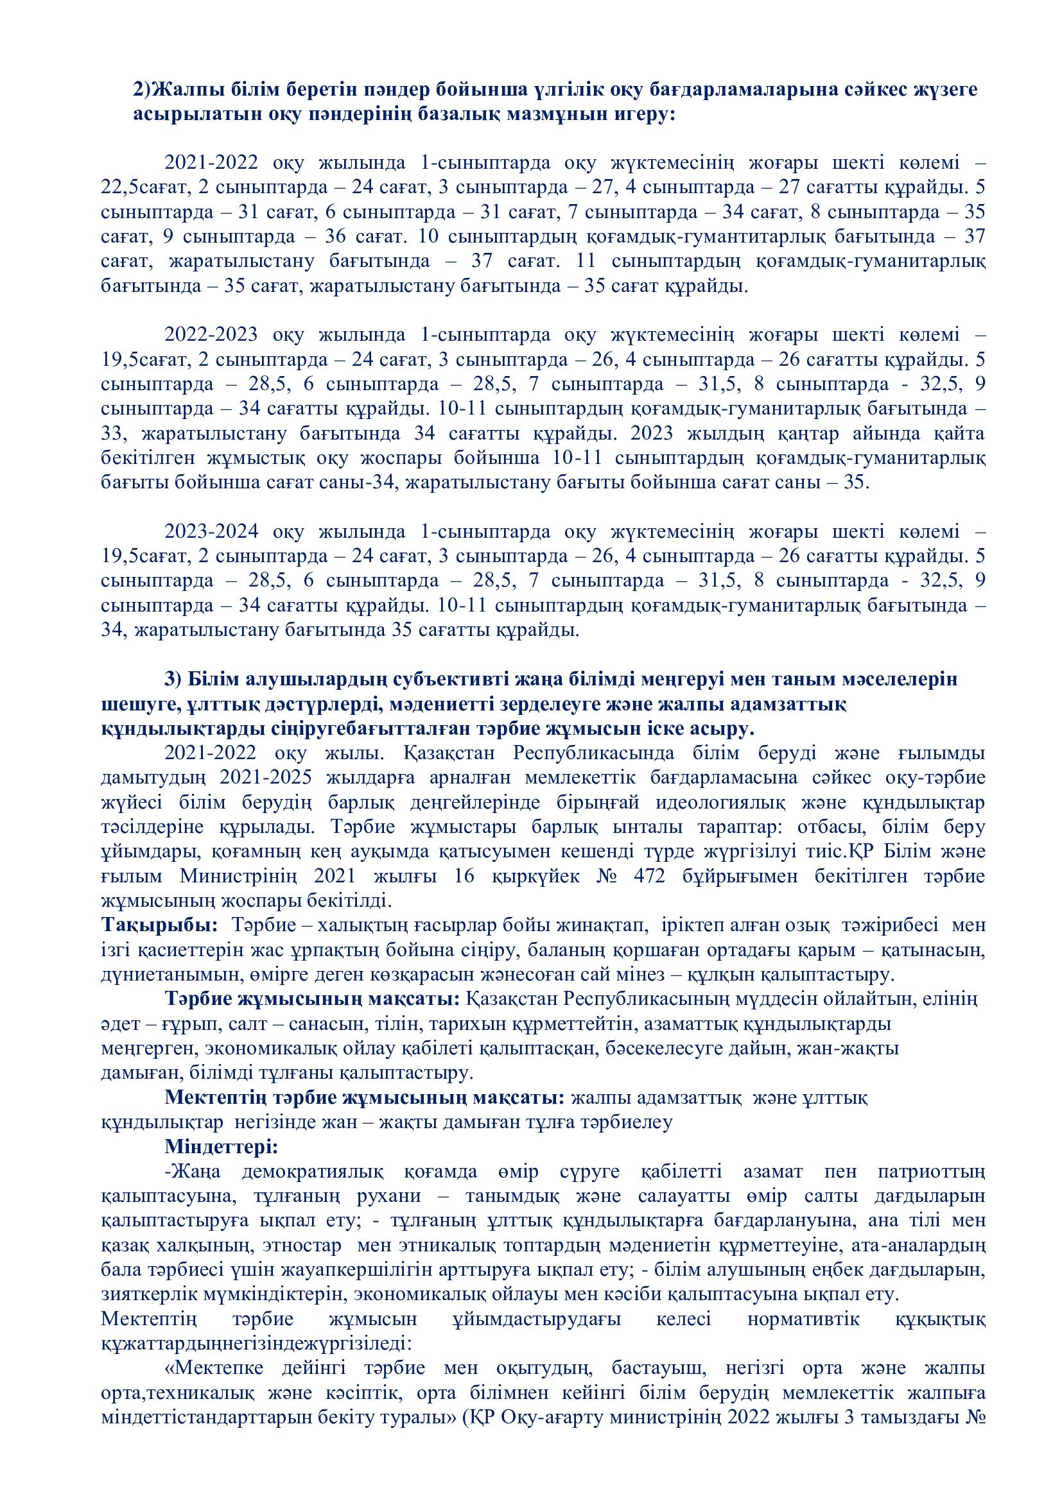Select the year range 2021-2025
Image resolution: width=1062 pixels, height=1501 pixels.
pos(267,778)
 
